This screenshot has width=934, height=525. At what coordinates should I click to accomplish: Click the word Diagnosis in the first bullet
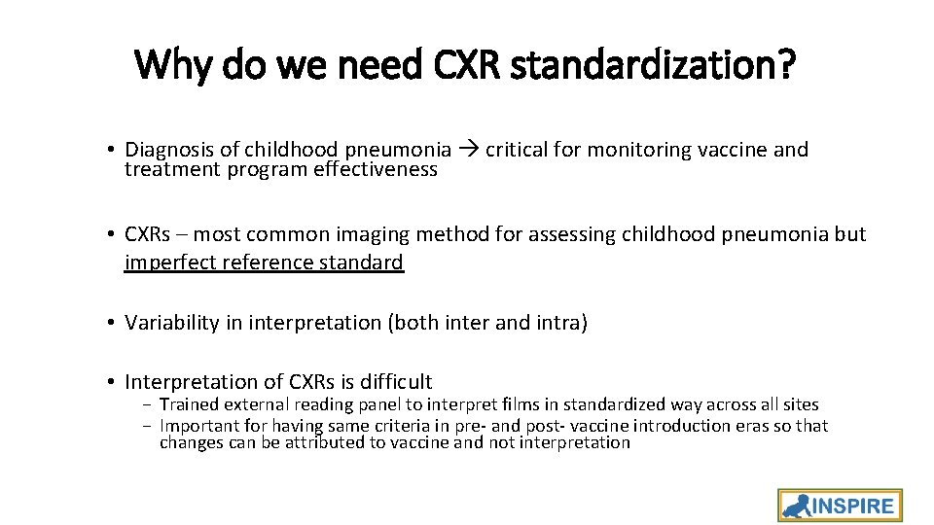167,150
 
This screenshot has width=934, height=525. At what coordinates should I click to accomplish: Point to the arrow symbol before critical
468,150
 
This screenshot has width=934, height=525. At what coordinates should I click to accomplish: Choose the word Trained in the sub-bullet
190,404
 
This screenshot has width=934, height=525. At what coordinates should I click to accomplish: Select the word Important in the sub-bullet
198,426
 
